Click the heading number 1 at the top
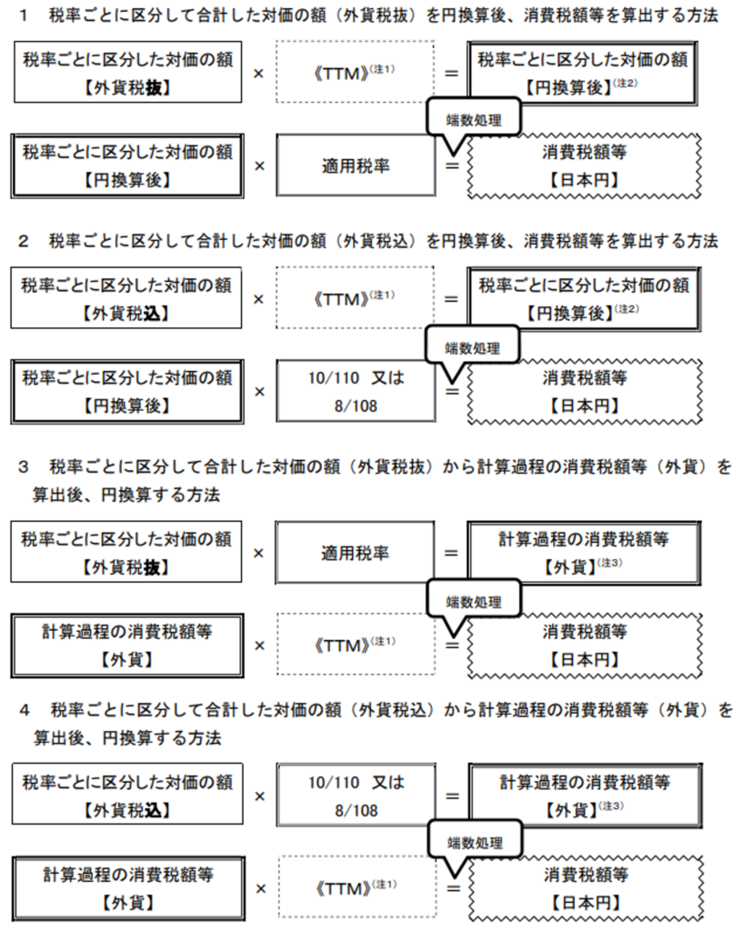click(x=24, y=15)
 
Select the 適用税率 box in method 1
click(x=356, y=165)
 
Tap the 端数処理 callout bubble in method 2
click(x=473, y=348)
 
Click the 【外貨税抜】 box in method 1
click(x=127, y=72)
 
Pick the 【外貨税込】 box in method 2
click(x=126, y=297)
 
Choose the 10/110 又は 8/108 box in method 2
click(x=356, y=391)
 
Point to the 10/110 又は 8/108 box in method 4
click(x=356, y=796)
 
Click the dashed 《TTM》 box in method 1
click(x=356, y=72)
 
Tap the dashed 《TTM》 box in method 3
click(x=356, y=645)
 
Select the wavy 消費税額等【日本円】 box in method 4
click(x=586, y=888)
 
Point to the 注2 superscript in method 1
click(x=626, y=83)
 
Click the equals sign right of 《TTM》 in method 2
click(x=451, y=298)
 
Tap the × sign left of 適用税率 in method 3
click(x=258, y=554)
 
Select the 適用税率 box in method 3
click(x=355, y=553)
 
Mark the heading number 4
click(x=25, y=710)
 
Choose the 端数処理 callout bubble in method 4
click(x=475, y=843)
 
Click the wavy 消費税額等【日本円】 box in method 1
click(x=585, y=165)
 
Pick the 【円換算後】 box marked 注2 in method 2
click(x=583, y=298)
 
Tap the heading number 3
click(x=23, y=467)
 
